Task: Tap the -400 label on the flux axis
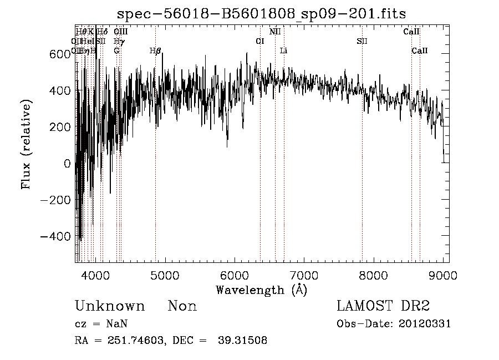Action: [x=54, y=236]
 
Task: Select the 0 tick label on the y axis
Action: [x=67, y=163]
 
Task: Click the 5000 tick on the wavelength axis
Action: [x=164, y=274]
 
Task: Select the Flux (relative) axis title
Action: [x=26, y=145]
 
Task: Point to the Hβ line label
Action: [x=155, y=51]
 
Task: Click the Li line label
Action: [x=283, y=51]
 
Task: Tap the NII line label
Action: [x=275, y=32]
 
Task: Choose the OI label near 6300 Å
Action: [x=259, y=41]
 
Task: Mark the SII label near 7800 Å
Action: [x=362, y=41]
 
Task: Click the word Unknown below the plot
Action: [x=109, y=306]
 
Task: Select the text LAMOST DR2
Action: [x=383, y=306]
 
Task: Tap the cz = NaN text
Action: [x=102, y=324]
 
